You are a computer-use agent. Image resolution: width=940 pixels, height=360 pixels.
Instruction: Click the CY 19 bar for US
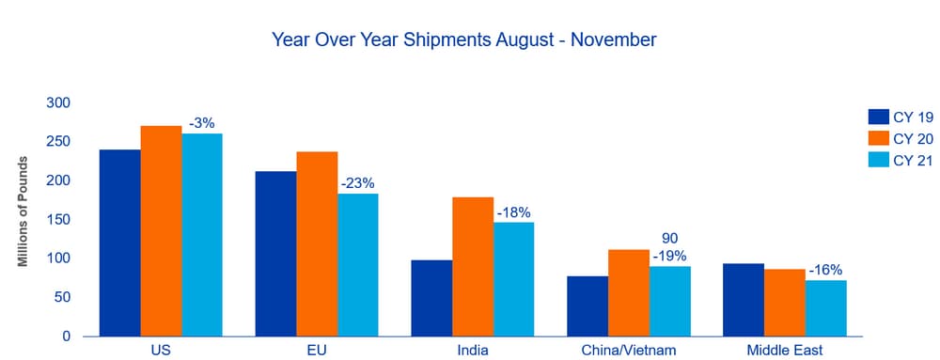tap(120, 243)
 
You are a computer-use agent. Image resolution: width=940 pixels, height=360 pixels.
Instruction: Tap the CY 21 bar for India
tap(513, 280)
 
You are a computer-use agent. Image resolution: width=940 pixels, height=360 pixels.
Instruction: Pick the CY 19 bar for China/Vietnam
tap(587, 306)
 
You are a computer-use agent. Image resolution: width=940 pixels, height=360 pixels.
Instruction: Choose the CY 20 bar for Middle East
tap(785, 303)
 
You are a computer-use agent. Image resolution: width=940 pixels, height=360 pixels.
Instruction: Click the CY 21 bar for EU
tap(358, 265)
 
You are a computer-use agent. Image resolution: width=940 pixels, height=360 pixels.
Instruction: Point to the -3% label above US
tap(201, 124)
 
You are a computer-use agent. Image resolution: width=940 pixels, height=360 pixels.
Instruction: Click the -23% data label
tap(358, 184)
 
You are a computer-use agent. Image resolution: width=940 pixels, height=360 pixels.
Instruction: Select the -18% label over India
tap(514, 212)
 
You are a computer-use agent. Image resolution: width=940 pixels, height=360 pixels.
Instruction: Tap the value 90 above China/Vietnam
tap(669, 239)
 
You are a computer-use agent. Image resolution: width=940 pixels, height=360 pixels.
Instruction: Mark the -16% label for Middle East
tap(825, 270)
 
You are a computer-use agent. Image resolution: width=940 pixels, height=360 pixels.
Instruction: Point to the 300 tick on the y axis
tap(58, 103)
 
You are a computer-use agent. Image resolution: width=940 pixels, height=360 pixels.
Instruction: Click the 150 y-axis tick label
tap(58, 220)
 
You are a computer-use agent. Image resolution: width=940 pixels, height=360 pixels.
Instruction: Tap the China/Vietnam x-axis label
tap(629, 351)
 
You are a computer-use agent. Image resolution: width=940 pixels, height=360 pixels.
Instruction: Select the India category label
tap(473, 351)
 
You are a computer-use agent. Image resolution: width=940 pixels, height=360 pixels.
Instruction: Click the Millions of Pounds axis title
tap(23, 211)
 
